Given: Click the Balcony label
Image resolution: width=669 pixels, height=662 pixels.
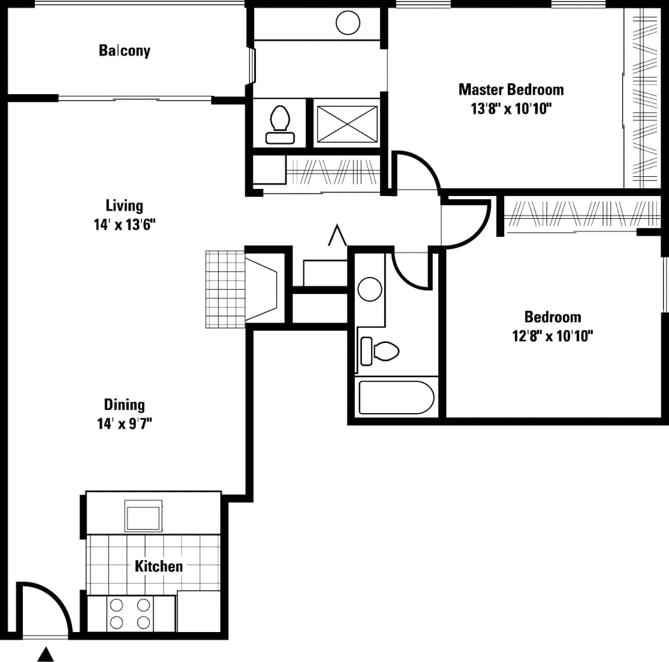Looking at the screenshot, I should pyautogui.click(x=124, y=50).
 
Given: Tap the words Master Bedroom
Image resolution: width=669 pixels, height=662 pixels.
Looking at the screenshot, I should pyautogui.click(x=511, y=90).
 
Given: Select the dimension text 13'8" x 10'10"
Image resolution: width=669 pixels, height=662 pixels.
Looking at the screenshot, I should pyautogui.click(x=511, y=109).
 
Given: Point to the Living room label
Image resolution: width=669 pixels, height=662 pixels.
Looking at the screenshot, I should pyautogui.click(x=124, y=206).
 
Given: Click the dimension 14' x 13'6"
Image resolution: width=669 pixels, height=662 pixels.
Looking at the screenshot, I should pyautogui.click(x=124, y=225).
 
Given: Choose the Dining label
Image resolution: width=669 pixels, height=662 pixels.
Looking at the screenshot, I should pyautogui.click(x=124, y=405).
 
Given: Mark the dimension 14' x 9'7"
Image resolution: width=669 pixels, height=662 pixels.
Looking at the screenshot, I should pyautogui.click(x=124, y=424).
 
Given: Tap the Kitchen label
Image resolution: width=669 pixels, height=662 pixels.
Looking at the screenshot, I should pyautogui.click(x=158, y=566).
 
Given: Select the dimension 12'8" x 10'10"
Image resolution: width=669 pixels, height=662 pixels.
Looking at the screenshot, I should pyautogui.click(x=552, y=336).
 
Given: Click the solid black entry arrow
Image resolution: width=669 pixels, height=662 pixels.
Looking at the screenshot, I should pyautogui.click(x=46, y=654).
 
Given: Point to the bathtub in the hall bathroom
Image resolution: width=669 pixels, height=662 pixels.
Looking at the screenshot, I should pyautogui.click(x=396, y=398).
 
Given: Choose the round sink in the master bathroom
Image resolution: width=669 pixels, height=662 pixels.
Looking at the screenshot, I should pyautogui.click(x=348, y=23).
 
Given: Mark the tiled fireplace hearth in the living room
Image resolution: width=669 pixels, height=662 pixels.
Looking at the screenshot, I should pyautogui.click(x=225, y=289).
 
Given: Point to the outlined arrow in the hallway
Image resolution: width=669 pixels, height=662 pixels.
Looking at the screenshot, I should pyautogui.click(x=337, y=235).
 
